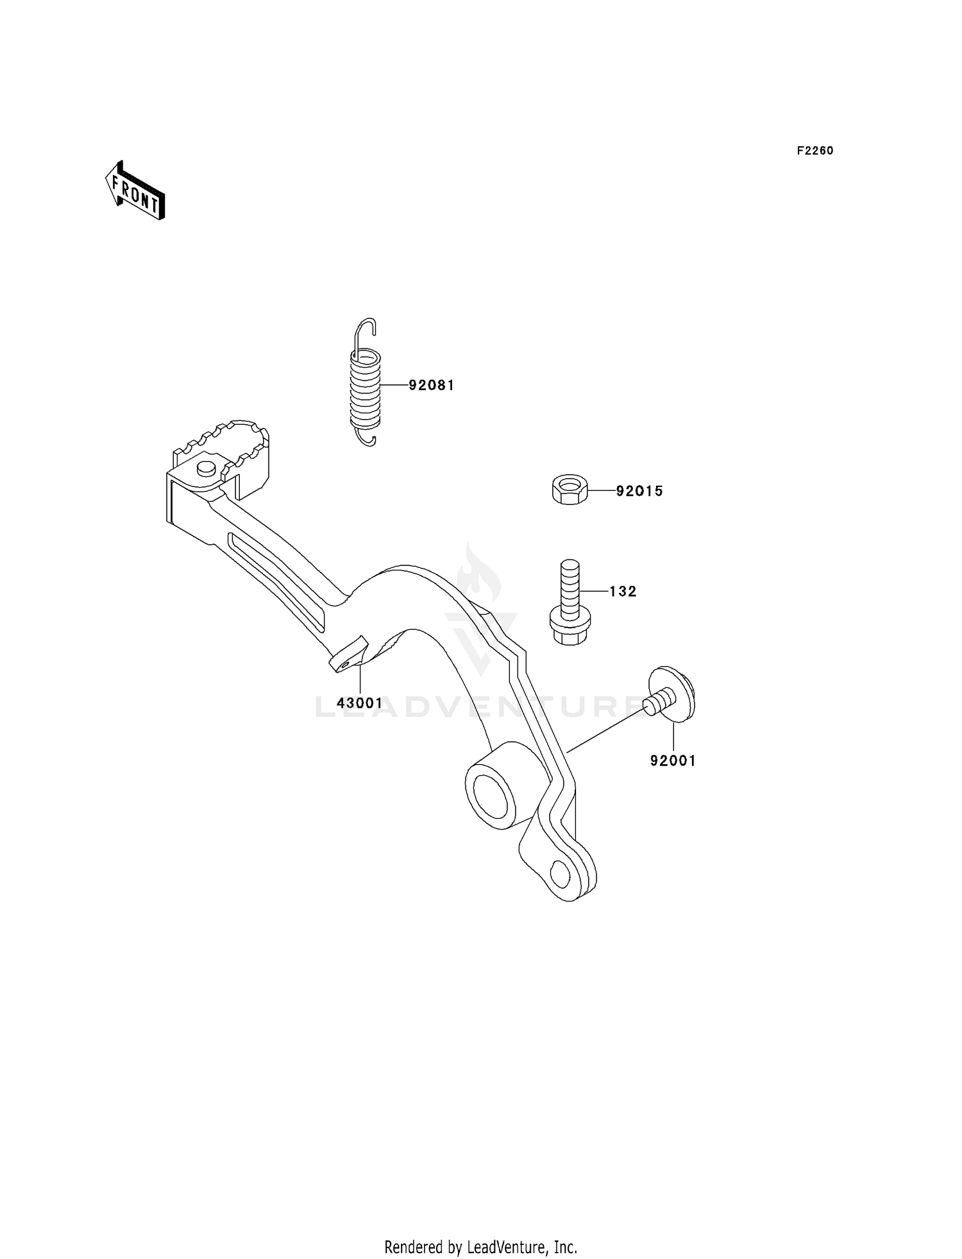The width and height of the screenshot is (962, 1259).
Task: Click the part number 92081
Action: [432, 386]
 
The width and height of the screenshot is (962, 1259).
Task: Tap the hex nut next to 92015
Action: [569, 490]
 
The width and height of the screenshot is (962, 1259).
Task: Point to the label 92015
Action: [639, 492]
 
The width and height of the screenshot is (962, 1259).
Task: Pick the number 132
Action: [623, 592]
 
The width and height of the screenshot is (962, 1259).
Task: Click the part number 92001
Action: [673, 761]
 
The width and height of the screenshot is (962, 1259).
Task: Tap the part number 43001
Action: [360, 703]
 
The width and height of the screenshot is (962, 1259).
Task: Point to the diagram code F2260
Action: [815, 151]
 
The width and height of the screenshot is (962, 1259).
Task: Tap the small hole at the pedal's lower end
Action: [561, 874]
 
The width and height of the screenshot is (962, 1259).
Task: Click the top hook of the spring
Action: [366, 330]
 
